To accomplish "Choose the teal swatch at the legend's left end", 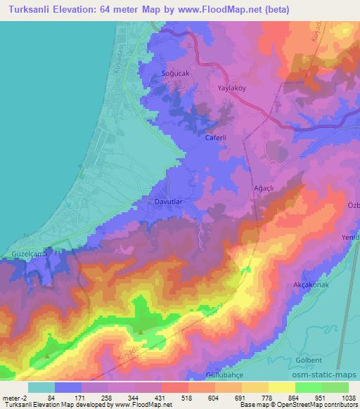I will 41,387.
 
